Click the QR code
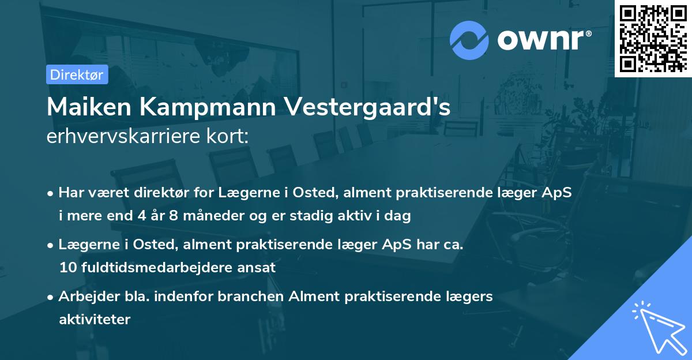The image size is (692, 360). [x=653, y=38]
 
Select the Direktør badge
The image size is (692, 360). [x=77, y=74]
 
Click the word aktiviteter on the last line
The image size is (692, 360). [x=95, y=319]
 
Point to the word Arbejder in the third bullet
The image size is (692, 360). [x=84, y=297]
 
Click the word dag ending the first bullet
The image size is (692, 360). [x=398, y=216]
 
